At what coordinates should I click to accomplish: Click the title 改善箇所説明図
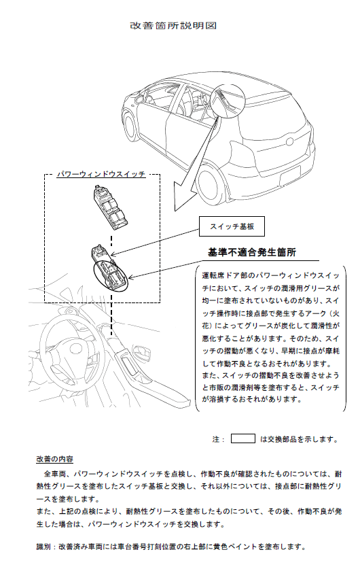(x=173, y=26)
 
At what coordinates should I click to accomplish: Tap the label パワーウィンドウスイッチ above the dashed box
(x=101, y=174)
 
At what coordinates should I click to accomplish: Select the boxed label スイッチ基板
(x=232, y=226)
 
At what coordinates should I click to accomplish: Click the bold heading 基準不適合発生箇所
(x=252, y=252)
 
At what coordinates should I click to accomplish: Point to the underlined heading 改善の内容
(x=54, y=459)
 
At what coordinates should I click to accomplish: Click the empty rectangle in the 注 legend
(x=242, y=438)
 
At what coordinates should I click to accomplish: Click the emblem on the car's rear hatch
(x=290, y=141)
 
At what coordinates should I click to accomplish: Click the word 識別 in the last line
(x=43, y=547)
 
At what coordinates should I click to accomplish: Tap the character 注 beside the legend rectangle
(x=216, y=439)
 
